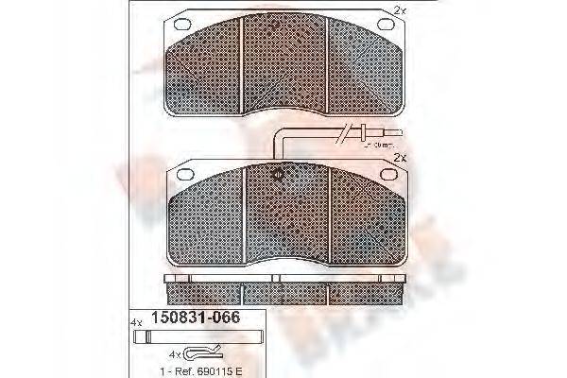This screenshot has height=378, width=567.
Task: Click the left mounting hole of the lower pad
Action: click(x=183, y=174)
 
